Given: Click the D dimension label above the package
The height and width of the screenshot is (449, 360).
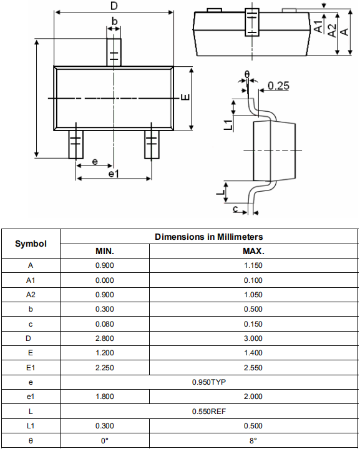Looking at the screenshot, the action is [114, 6].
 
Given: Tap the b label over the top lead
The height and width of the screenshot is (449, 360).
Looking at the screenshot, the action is [114, 21].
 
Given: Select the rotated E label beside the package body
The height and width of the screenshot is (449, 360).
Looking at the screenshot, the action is [185, 97].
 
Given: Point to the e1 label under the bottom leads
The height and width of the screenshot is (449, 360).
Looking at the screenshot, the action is [114, 173].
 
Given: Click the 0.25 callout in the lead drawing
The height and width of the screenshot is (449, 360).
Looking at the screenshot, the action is [278, 86].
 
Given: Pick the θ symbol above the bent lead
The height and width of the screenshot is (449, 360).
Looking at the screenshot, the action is [247, 75].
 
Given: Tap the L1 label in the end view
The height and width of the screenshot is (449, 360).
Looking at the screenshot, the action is [228, 125].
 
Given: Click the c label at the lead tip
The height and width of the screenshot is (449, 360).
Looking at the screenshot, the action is [235, 209].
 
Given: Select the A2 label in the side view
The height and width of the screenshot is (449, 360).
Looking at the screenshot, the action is [332, 31].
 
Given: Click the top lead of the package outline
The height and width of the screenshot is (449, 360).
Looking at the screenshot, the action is [114, 52].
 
